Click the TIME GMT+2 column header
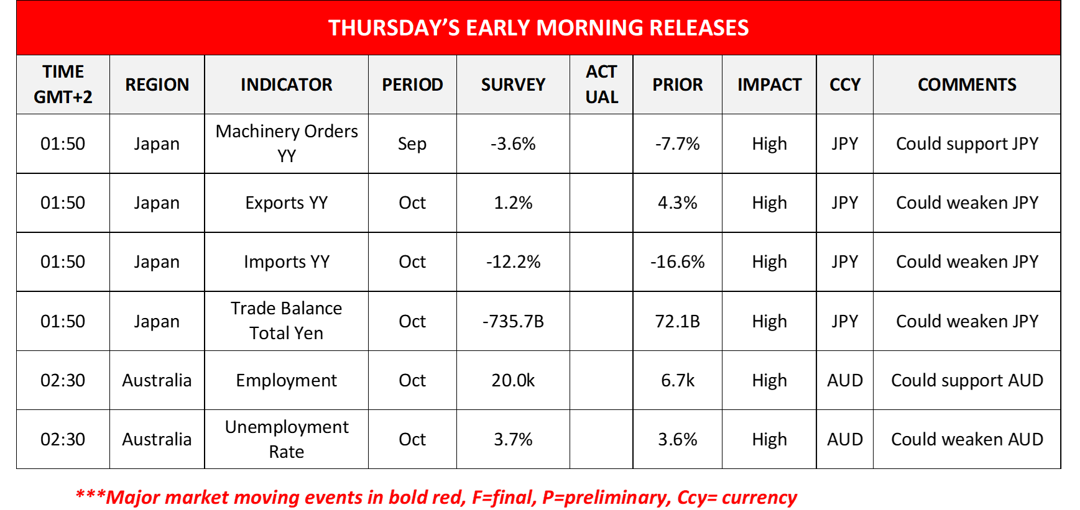63,84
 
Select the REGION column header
157,84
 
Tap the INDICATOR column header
286,84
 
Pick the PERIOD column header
412,84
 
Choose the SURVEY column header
513,84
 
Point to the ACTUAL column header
601,84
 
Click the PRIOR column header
677,84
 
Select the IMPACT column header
769,84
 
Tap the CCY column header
844,84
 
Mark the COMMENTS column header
967,84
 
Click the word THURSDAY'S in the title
394,28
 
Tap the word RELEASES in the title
699,28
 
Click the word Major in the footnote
133,498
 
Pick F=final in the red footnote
504,498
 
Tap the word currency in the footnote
760,498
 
